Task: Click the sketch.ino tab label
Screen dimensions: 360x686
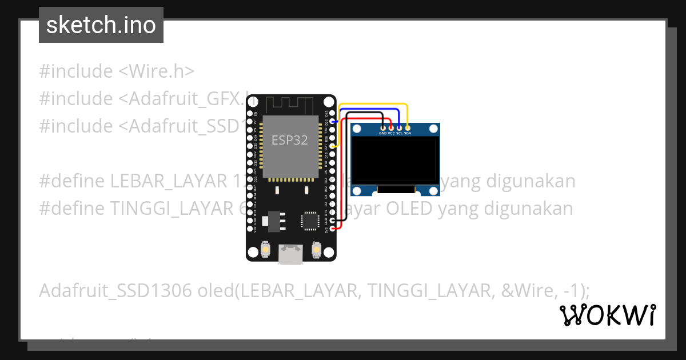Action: [101, 25]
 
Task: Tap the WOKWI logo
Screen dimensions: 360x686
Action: [607, 315]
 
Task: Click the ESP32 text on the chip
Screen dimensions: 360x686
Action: [290, 140]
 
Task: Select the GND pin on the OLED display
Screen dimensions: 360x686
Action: [383, 127]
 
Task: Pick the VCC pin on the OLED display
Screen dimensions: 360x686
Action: [391, 127]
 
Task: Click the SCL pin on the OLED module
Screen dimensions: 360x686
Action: [399, 127]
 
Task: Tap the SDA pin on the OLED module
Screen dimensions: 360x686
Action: [407, 127]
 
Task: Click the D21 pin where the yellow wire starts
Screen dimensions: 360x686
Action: [333, 146]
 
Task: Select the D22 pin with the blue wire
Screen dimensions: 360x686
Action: [333, 122]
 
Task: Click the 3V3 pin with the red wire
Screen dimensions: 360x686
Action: [333, 229]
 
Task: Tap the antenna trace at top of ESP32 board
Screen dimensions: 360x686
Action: [289, 105]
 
